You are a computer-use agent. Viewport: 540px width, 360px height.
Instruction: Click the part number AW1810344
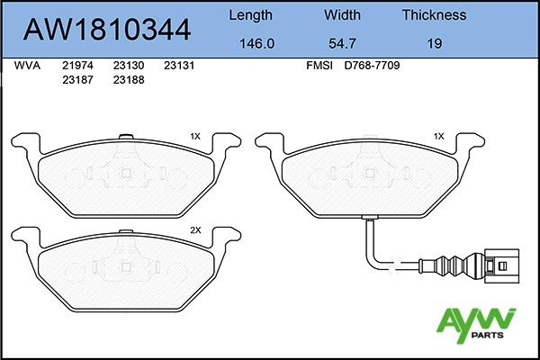pos(107,30)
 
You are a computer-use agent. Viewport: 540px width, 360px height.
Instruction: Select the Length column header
pos(251,16)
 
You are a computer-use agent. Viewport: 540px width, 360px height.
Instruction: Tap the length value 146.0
pos(256,44)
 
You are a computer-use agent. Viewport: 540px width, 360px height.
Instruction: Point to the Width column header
pos(342,15)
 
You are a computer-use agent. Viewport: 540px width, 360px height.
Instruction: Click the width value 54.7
pos(342,44)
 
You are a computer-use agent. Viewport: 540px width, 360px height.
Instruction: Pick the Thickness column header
pos(435,15)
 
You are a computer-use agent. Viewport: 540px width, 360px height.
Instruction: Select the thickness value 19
pos(435,44)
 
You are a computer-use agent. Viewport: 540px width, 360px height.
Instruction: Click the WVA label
pos(27,66)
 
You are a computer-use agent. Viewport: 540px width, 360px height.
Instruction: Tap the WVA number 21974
pos(77,66)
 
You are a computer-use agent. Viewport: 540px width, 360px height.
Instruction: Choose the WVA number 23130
pos(129,66)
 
